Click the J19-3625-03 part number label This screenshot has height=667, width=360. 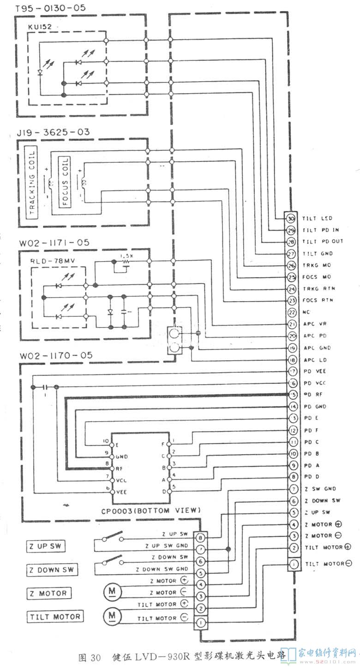click(x=53, y=132)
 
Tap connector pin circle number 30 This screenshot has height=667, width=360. click(x=291, y=218)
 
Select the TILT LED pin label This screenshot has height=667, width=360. click(x=318, y=218)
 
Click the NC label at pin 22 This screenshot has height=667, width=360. click(x=306, y=312)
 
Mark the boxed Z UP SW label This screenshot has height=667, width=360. click(x=45, y=547)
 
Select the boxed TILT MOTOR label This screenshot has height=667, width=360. click(x=55, y=616)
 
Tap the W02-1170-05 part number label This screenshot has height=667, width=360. click(x=56, y=356)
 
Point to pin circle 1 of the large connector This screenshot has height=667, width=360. click(x=294, y=563)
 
